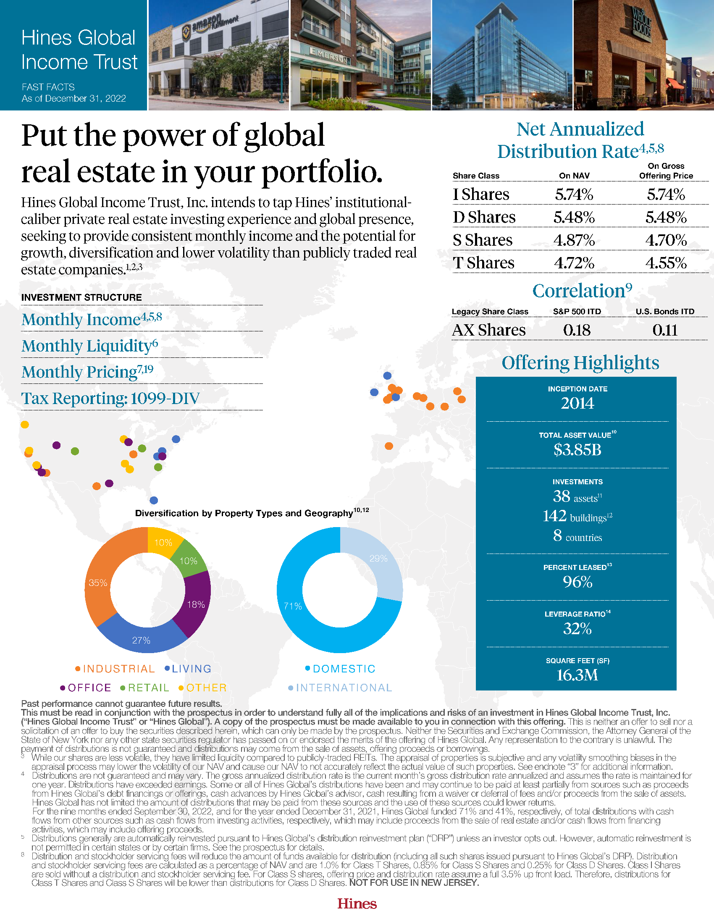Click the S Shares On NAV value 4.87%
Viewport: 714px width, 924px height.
[x=574, y=240]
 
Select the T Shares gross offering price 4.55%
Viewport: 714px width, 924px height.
[x=666, y=263]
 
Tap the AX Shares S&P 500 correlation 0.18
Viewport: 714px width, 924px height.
[x=577, y=330]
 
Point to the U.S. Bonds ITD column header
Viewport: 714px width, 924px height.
[x=664, y=311]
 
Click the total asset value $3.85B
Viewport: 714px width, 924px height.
[x=577, y=450]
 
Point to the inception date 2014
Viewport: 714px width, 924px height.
[x=577, y=403]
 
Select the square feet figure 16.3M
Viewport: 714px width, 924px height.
[x=577, y=675]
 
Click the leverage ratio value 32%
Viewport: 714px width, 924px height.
[x=577, y=629]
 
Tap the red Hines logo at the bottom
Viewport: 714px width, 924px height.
[x=357, y=904]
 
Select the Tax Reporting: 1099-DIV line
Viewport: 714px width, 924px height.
[x=110, y=398]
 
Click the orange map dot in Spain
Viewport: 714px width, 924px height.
[x=389, y=446]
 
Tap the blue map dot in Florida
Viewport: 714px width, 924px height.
[x=154, y=500]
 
